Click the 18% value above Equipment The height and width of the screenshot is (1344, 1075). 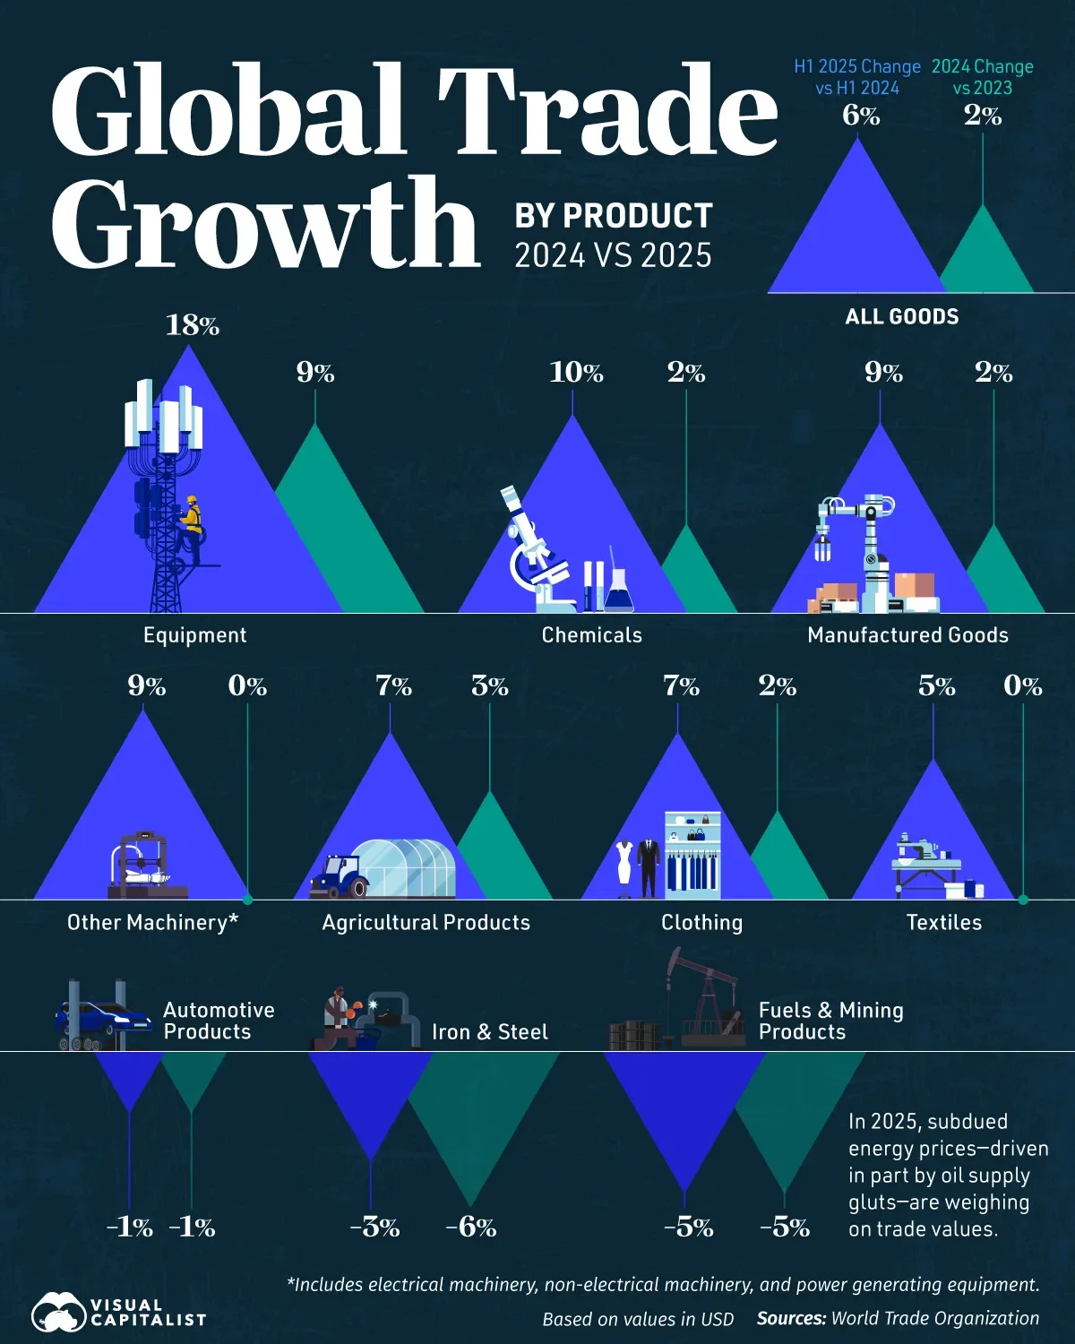(192, 325)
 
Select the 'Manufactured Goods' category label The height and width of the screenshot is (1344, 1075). (907, 635)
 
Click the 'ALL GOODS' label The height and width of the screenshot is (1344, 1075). (901, 316)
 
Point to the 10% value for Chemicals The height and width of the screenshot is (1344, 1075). (576, 372)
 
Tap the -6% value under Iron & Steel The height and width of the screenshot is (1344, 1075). (470, 1227)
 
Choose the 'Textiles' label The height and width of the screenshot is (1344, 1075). (943, 923)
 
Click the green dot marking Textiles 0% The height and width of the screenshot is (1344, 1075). (1023, 899)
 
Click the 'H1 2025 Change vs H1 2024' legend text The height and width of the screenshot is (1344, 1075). (856, 77)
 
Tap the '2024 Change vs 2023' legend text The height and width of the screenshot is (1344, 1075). (982, 77)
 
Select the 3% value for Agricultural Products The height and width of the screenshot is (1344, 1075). (489, 686)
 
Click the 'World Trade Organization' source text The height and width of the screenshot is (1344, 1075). (935, 1318)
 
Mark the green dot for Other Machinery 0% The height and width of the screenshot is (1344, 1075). (247, 899)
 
